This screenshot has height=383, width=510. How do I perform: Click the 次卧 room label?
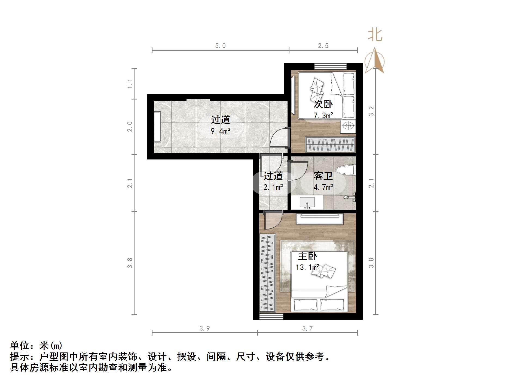[323, 104]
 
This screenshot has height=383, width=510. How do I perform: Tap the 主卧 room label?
[307, 256]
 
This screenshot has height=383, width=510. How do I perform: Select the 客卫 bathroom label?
[323, 176]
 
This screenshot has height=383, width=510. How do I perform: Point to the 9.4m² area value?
[221, 131]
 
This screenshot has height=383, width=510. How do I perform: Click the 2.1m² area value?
[273, 187]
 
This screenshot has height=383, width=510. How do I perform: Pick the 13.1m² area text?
[307, 267]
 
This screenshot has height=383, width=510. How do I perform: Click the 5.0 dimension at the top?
[220, 46]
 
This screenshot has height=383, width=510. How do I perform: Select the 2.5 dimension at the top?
[323, 46]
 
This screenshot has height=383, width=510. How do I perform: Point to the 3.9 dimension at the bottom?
[204, 328]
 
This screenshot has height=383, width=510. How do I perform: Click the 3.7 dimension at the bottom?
[307, 328]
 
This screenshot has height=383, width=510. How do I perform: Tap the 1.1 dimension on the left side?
[130, 83]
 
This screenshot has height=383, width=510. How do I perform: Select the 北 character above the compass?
[375, 35]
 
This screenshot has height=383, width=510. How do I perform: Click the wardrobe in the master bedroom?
[267, 273]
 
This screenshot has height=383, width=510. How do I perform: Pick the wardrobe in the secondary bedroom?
[330, 144]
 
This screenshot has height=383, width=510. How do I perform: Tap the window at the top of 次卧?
[331, 66]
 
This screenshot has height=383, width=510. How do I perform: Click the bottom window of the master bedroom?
[271, 316]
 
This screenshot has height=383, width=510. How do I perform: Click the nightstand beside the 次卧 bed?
[348, 126]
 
